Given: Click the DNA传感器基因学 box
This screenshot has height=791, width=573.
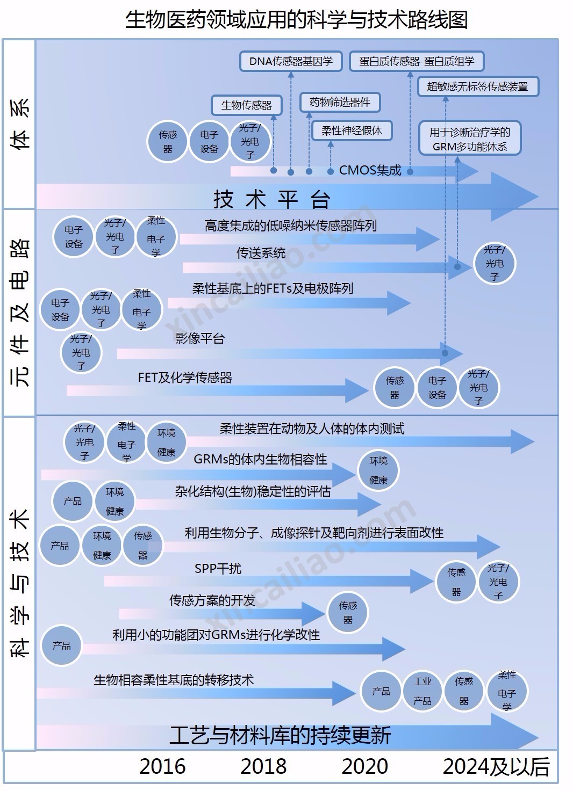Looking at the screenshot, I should pyautogui.click(x=290, y=61).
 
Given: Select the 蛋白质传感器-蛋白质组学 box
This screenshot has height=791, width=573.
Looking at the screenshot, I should pyautogui.click(x=416, y=61).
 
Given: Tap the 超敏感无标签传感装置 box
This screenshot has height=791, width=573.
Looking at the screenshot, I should pyautogui.click(x=477, y=86).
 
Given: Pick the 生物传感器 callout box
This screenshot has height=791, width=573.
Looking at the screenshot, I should pyautogui.click(x=246, y=105).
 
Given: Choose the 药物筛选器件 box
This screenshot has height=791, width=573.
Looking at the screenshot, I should pyautogui.click(x=340, y=102).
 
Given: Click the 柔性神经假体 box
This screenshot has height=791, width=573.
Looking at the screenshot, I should pyautogui.click(x=352, y=130).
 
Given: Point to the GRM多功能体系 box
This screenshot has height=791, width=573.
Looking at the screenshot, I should pyautogui.click(x=470, y=139).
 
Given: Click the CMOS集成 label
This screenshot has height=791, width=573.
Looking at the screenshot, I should pyautogui.click(x=370, y=170).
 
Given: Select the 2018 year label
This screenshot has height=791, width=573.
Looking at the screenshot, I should pyautogui.click(x=263, y=766).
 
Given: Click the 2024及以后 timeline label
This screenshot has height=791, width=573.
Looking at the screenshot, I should pyautogui.click(x=496, y=766).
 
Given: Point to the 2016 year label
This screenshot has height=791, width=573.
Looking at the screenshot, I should pyautogui.click(x=162, y=766).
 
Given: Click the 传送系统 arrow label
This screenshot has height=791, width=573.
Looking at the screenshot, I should pyautogui.click(x=261, y=253).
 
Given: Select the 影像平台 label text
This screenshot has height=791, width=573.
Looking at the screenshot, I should pyautogui.click(x=199, y=338).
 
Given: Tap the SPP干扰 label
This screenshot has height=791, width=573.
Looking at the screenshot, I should pyautogui.click(x=218, y=568).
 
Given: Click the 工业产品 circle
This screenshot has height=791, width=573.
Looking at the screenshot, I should pyautogui.click(x=422, y=691).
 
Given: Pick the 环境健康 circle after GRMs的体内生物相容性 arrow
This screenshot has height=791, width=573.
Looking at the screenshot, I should pyautogui.click(x=378, y=470).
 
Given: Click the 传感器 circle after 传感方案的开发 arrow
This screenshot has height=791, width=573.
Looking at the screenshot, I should pyautogui.click(x=348, y=613).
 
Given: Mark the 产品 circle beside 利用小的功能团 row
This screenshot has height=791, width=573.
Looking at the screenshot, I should pyautogui.click(x=61, y=645).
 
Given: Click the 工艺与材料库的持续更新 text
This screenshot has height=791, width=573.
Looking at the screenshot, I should pyautogui.click(x=280, y=735).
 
